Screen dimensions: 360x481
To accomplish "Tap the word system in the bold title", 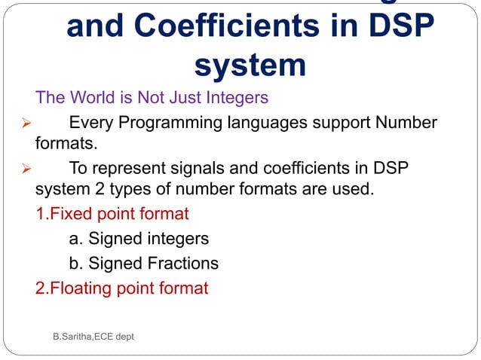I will [250, 65].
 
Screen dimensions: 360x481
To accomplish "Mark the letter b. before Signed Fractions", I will [75, 264].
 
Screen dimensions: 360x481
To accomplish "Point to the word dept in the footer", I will [122, 337].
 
